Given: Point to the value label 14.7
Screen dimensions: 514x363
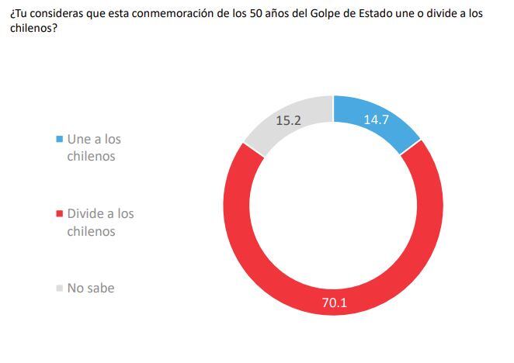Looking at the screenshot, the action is (377, 119).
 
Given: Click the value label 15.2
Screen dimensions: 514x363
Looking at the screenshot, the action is (288, 120).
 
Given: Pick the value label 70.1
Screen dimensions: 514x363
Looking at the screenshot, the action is (335, 302).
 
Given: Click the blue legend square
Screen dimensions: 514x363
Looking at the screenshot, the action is (59, 140).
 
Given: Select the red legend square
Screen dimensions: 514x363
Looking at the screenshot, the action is (59, 213).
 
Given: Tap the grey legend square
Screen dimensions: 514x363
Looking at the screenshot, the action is (59, 288).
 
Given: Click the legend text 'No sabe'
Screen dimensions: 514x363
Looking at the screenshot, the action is (91, 288).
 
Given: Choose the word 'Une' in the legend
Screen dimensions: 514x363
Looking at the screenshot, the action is (79, 140).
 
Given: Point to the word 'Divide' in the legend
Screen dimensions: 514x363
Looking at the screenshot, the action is (87, 213).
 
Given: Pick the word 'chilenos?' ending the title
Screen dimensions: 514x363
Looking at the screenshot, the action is (33, 28).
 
